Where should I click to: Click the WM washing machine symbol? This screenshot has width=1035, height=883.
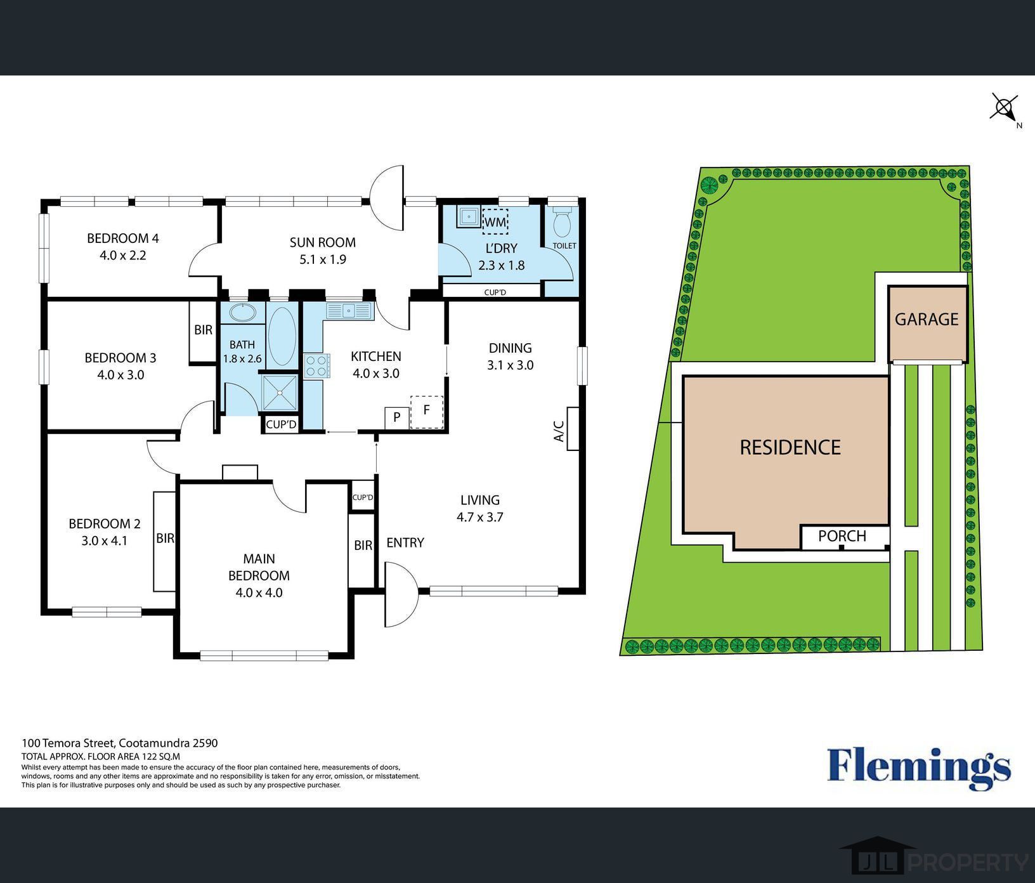495,222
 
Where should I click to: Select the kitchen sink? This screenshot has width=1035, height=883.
348,311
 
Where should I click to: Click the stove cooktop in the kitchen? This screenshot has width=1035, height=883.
317,366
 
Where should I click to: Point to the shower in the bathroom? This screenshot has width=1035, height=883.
280,392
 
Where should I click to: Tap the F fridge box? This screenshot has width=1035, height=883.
426,411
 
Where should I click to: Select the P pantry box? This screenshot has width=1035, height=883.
397,417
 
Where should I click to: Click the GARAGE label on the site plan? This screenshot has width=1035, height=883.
926,319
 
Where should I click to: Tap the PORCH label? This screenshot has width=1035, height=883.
842,536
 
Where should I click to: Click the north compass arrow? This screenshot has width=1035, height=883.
1005,108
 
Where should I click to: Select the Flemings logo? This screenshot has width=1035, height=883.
918,767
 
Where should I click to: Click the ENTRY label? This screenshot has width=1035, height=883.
405,542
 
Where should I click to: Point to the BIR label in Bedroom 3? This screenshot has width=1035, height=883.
203,330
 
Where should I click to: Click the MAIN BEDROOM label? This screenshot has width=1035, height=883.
259,567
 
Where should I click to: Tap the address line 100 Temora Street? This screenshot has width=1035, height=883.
120,743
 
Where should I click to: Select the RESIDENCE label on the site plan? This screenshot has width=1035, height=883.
790,447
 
